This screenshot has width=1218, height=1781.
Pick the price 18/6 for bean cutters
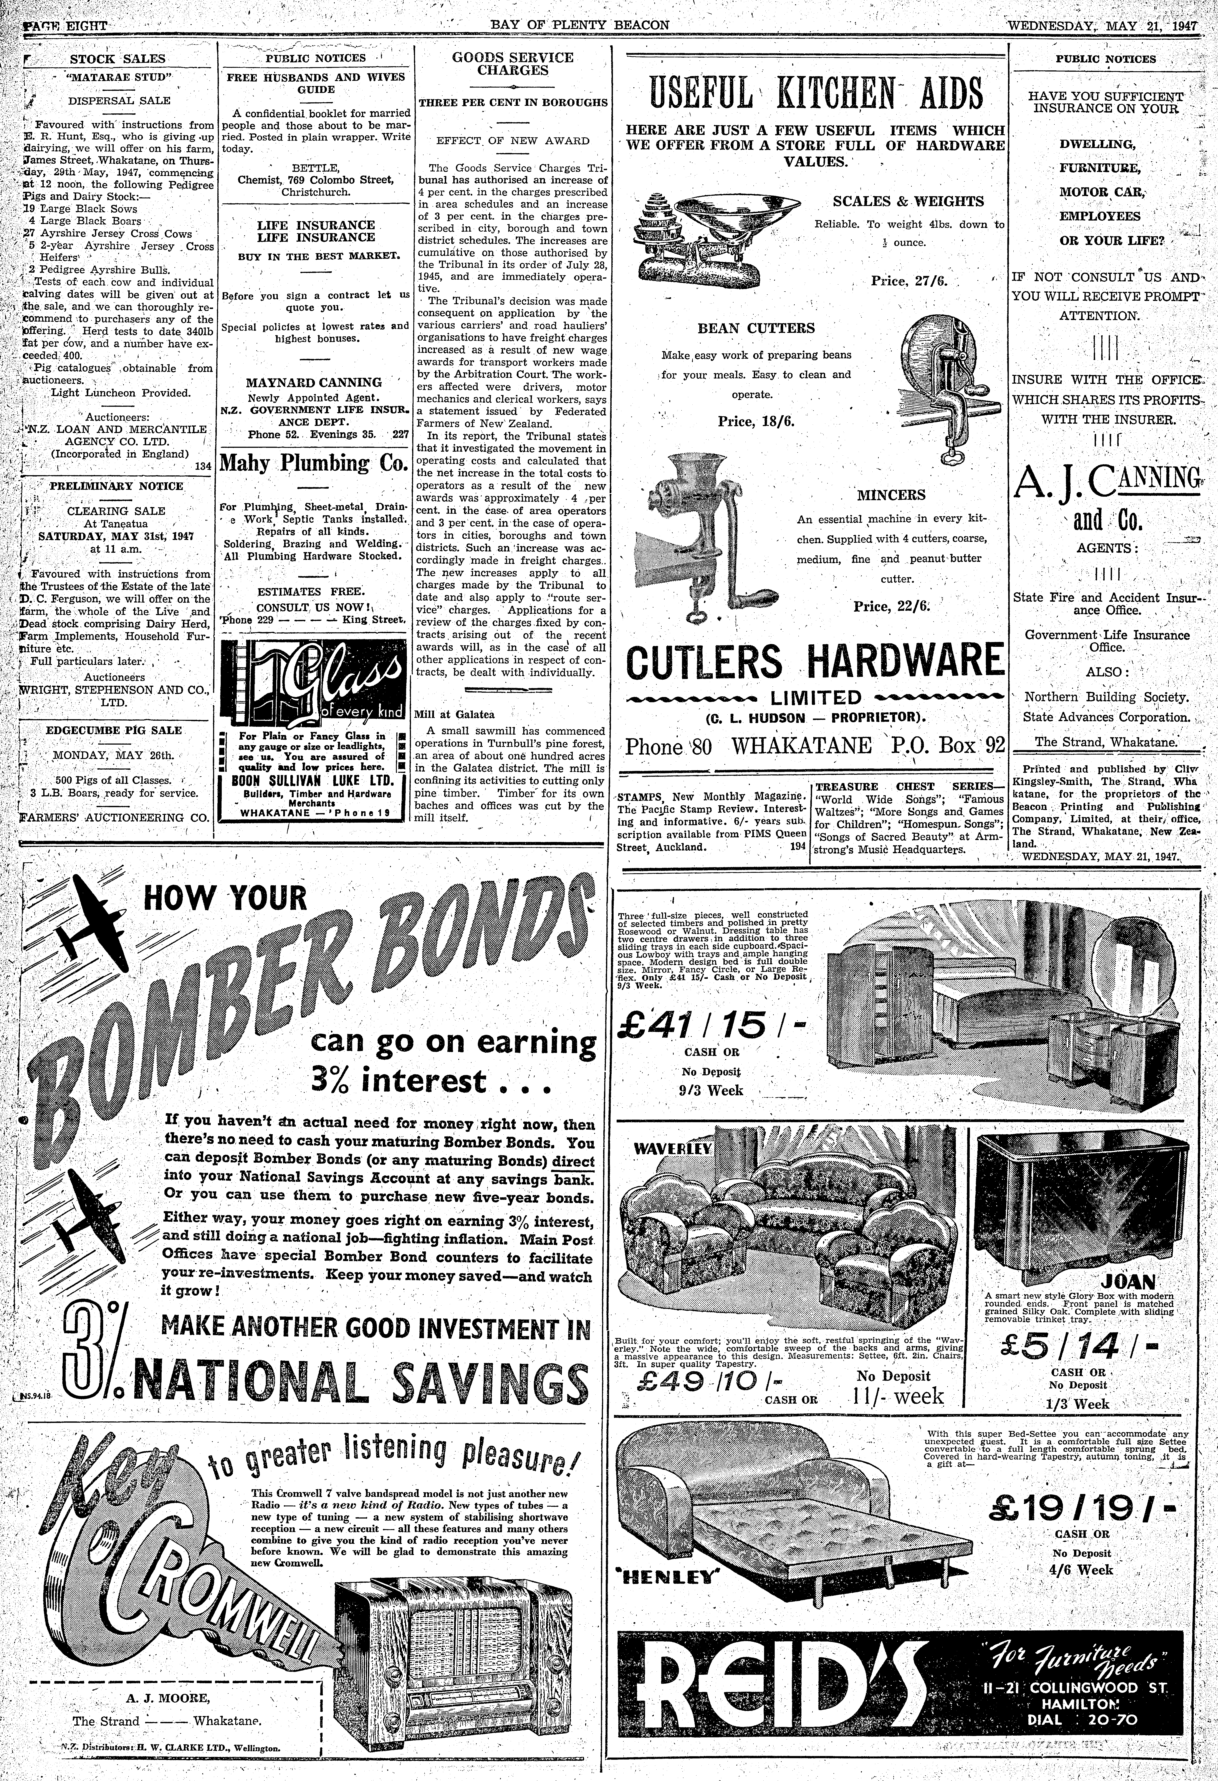tap(755, 422)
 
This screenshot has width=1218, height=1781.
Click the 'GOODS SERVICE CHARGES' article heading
tap(513, 64)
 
